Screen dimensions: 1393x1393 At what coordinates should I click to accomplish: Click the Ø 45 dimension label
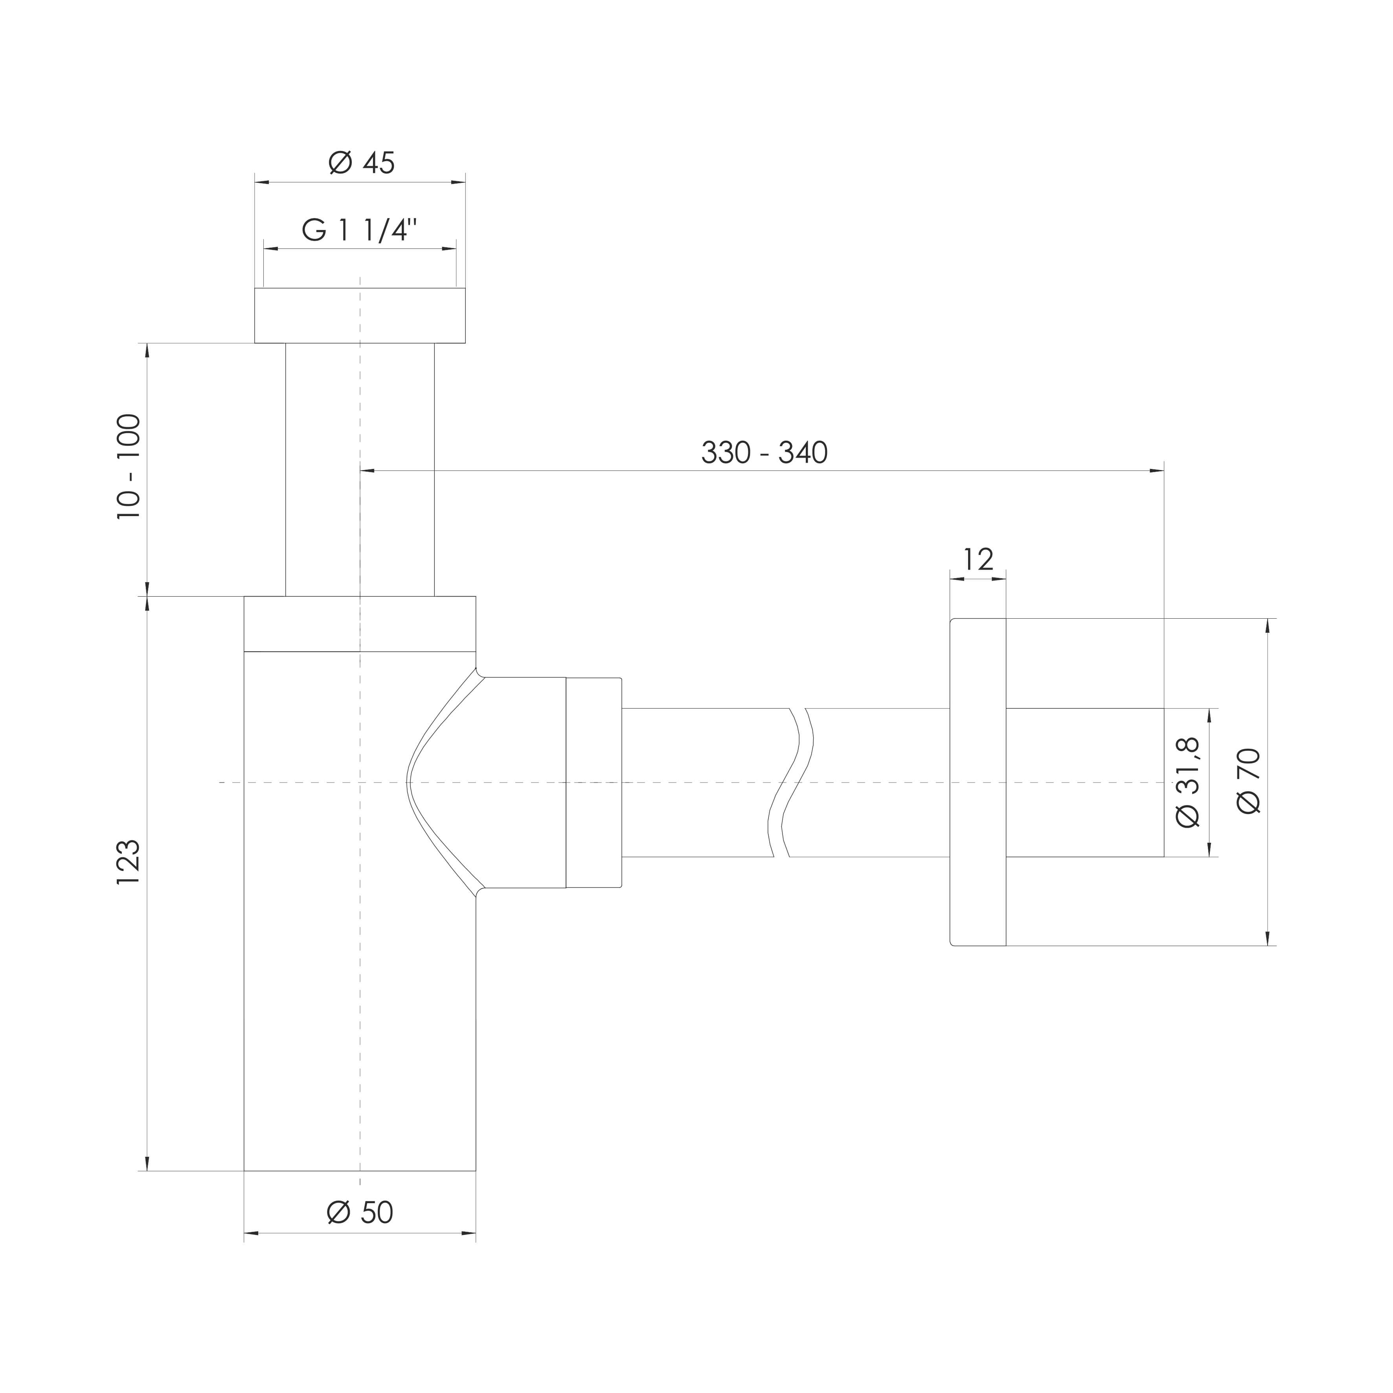tap(362, 163)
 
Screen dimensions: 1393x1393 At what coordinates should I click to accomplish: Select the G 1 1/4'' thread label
tap(360, 231)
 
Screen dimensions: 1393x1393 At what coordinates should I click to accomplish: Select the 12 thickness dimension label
tap(978, 559)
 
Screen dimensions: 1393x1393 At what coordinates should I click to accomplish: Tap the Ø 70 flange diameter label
tap(1249, 781)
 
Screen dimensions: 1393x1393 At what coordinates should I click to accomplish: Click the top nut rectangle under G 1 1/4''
tap(360, 316)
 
